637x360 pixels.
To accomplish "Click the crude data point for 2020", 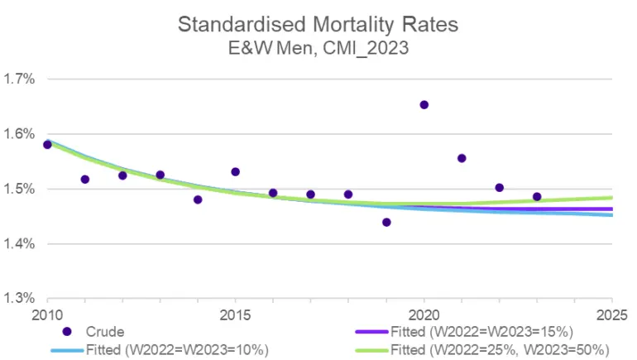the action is (424, 105).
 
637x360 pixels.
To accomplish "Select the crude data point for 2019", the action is (386, 223).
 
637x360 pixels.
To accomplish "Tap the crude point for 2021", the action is (462, 158).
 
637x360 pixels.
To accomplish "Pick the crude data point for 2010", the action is (47, 145).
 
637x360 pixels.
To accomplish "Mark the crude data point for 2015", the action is (235, 172).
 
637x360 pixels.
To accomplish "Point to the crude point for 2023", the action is (537, 197).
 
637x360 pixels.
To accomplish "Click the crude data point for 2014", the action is (198, 199).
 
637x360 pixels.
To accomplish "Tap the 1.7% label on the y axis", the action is (19, 79).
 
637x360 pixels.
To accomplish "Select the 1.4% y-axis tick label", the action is (19, 244).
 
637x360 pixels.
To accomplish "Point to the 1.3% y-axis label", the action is (19, 298).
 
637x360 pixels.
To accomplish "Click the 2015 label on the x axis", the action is (235, 315).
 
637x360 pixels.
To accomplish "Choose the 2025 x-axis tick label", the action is (612, 315).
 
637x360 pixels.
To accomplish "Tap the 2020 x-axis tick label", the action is (424, 315).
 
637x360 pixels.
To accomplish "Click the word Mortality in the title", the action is (353, 25).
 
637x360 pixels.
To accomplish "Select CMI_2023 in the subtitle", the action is (366, 48).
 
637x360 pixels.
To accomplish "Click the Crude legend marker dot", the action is (67, 332).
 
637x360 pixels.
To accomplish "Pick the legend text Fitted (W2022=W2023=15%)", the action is (481, 332).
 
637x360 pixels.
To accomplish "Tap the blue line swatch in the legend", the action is (68, 350).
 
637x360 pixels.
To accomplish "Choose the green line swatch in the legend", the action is (371, 350).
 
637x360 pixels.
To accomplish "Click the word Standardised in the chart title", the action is (242, 24).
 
